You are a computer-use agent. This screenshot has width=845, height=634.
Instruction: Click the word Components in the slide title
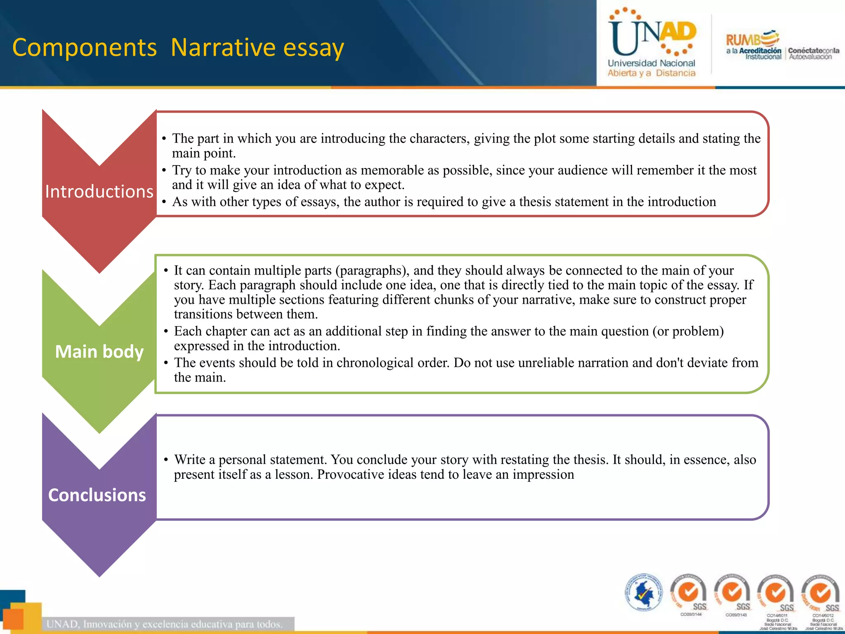(x=85, y=47)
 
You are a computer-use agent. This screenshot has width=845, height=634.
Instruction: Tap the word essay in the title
(x=314, y=47)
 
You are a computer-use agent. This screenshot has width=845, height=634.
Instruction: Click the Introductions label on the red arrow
(x=99, y=192)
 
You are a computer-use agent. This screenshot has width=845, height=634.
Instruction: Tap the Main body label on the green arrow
(x=99, y=352)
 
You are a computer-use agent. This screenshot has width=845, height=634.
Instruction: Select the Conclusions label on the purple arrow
(x=97, y=495)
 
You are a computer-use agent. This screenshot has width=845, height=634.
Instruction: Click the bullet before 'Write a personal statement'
(x=166, y=460)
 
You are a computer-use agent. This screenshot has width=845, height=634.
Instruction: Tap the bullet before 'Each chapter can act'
(x=166, y=331)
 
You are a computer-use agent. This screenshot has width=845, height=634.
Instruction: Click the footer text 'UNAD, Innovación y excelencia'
(x=165, y=624)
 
